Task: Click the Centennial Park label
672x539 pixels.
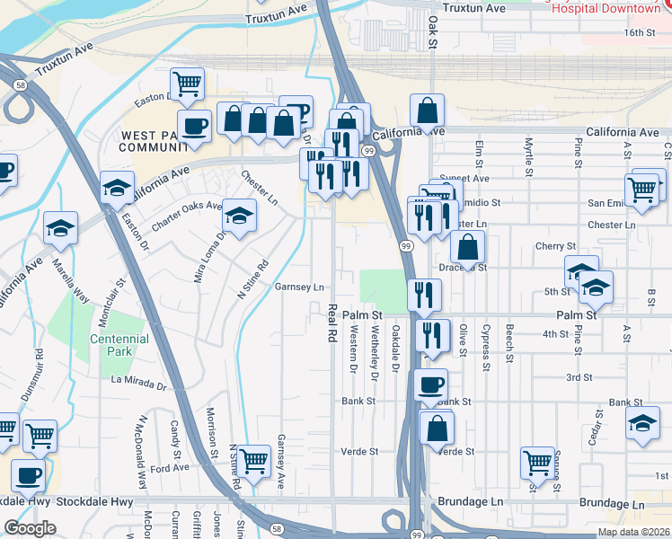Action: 119,346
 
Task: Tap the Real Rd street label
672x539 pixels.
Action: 332,321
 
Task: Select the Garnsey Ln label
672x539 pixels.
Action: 299,287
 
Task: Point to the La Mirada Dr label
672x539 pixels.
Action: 139,382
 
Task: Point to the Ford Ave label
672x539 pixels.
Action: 170,467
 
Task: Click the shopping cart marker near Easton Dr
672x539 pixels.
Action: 187,84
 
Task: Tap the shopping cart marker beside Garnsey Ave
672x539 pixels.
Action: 255,462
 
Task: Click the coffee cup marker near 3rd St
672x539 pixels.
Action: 430,386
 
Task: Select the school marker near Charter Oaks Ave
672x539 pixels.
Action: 239,216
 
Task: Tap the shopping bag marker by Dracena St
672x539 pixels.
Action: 468,247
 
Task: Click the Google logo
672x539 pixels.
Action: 31,528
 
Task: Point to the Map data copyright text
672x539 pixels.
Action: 632,532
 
